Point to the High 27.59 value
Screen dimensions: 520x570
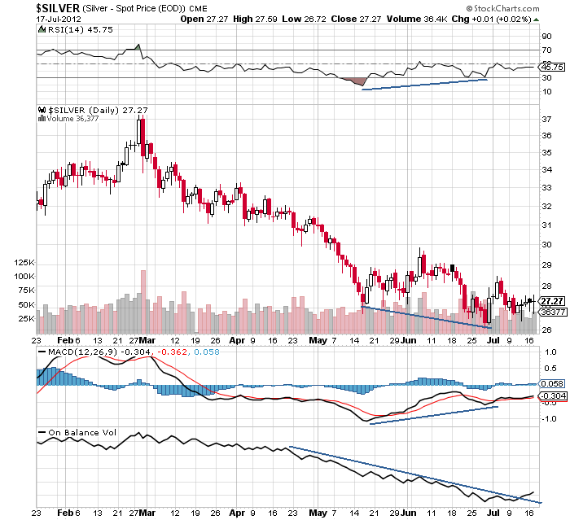pos(254,19)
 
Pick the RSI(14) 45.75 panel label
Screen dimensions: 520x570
pos(69,29)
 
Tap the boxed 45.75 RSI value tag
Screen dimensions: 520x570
pos(552,67)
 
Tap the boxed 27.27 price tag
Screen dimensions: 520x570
pos(552,301)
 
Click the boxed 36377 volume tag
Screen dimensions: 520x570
pos(552,312)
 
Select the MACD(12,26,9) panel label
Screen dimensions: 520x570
pos(73,351)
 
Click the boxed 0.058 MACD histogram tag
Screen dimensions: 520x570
pos(552,382)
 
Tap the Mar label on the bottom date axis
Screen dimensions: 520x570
pos(148,513)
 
